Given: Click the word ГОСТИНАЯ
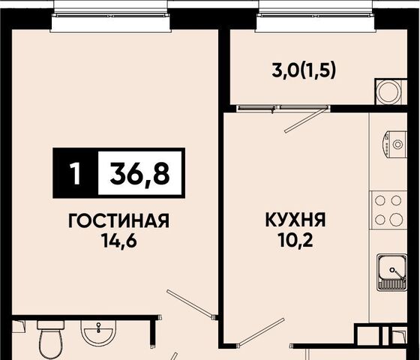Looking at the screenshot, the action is (118, 220).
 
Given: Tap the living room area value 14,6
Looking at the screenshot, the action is (118, 241).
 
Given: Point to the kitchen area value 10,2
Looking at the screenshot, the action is (295, 239).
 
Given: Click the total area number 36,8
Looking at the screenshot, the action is (139, 172).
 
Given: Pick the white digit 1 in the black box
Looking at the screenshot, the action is (76, 172).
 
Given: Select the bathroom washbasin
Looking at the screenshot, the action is (98, 333).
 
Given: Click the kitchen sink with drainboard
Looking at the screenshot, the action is (391, 272).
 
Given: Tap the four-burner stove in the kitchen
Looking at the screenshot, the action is (388, 210).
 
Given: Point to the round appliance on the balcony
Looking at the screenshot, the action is (389, 91).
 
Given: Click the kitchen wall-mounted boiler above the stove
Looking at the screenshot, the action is (394, 145).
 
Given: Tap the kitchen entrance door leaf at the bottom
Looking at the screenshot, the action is (261, 331).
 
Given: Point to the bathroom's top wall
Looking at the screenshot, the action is (86, 318).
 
